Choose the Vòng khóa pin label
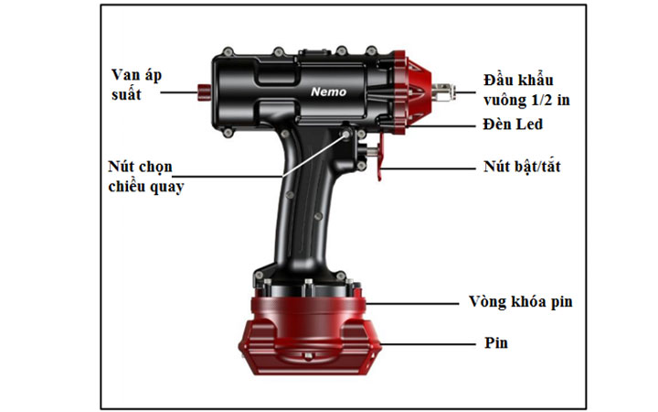coord(520,302)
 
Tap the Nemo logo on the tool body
coord(324,92)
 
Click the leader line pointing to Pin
coord(430,344)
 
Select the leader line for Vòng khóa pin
coord(411,303)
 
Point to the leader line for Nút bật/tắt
coord(430,168)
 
